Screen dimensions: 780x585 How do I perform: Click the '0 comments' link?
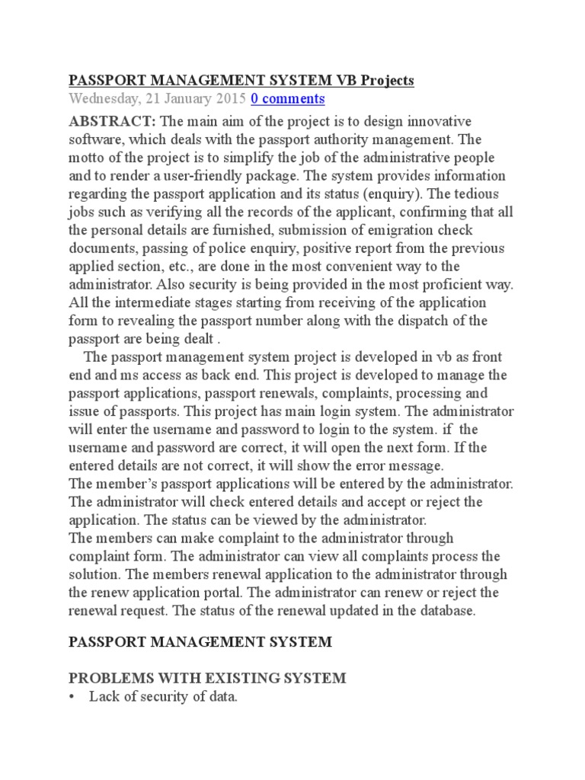(288, 99)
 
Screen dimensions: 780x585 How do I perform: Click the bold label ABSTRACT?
(113, 122)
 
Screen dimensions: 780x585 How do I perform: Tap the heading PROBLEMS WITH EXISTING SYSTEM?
(207, 678)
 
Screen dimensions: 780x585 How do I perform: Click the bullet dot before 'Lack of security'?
(74, 697)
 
